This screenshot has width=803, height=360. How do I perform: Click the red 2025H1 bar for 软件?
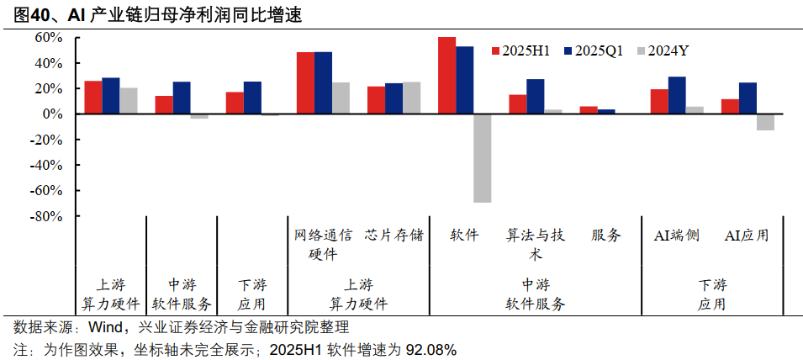pos(446,76)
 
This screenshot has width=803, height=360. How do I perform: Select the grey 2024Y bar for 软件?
pos(482,157)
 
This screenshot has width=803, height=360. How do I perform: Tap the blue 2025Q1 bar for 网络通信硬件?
pos(323,82)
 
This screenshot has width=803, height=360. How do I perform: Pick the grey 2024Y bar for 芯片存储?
pos(411,98)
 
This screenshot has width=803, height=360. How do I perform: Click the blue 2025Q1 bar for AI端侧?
pos(676,95)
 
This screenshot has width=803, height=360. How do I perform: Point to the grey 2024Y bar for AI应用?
pos(765,122)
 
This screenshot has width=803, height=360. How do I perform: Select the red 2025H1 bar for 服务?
pos(589,110)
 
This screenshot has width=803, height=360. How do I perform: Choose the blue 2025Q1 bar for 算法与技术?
pos(535,96)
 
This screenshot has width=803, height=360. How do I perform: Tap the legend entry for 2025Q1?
pos(593,51)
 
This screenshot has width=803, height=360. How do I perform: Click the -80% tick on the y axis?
pos(47,216)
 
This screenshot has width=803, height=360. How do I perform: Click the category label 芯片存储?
pos(394,236)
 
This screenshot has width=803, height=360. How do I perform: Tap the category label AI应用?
pos(747,236)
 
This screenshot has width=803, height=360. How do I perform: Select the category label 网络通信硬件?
pos(323,244)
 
